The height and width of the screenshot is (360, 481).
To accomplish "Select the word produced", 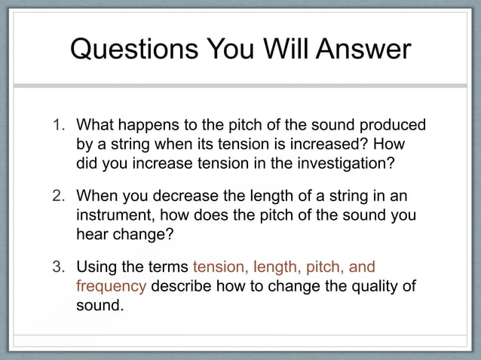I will coord(394,125).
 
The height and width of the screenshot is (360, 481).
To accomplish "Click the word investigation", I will coord(349,163).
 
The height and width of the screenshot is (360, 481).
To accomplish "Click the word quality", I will coord(365,288).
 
